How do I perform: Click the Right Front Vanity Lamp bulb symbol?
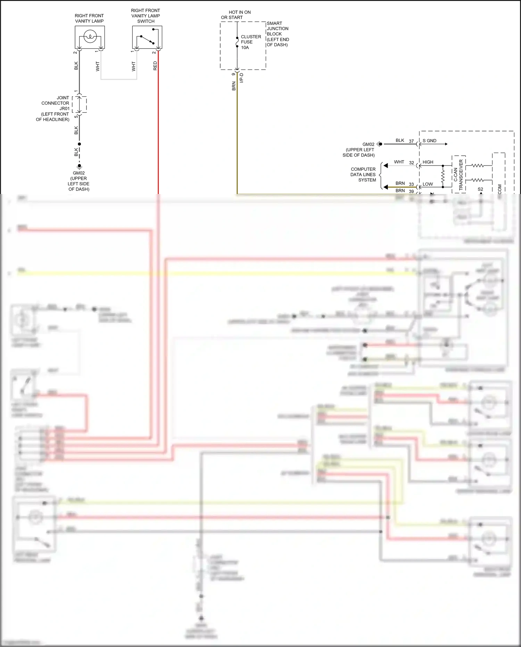click(90, 36)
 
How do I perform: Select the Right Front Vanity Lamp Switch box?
click(147, 37)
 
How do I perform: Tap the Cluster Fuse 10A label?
click(250, 42)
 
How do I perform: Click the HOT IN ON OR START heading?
click(236, 15)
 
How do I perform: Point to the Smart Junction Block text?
click(278, 34)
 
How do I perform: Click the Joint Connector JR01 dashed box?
click(80, 104)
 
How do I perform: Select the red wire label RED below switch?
click(155, 66)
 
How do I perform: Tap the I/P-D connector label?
click(242, 78)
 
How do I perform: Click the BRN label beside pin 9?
click(234, 86)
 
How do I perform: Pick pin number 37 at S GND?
click(411, 141)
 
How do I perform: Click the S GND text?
click(429, 141)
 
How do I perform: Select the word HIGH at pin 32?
click(428, 162)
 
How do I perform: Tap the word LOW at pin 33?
click(427, 184)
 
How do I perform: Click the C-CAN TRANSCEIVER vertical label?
click(458, 175)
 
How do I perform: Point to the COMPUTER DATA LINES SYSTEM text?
click(363, 175)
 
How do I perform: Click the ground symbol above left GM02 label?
click(79, 166)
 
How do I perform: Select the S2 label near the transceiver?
click(480, 189)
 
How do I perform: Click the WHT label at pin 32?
click(399, 162)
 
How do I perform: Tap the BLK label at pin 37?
click(400, 140)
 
